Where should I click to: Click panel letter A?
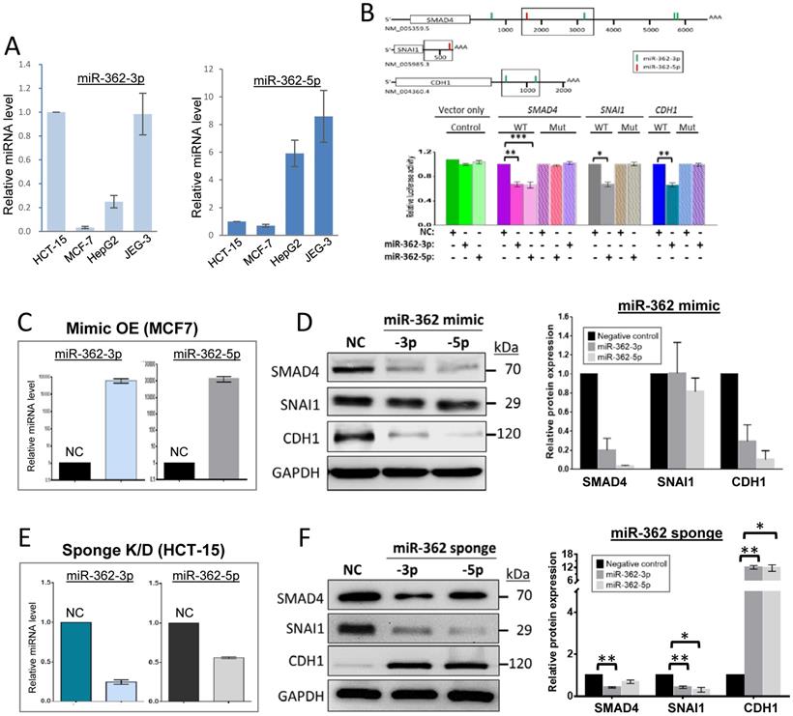(x=15, y=43)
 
